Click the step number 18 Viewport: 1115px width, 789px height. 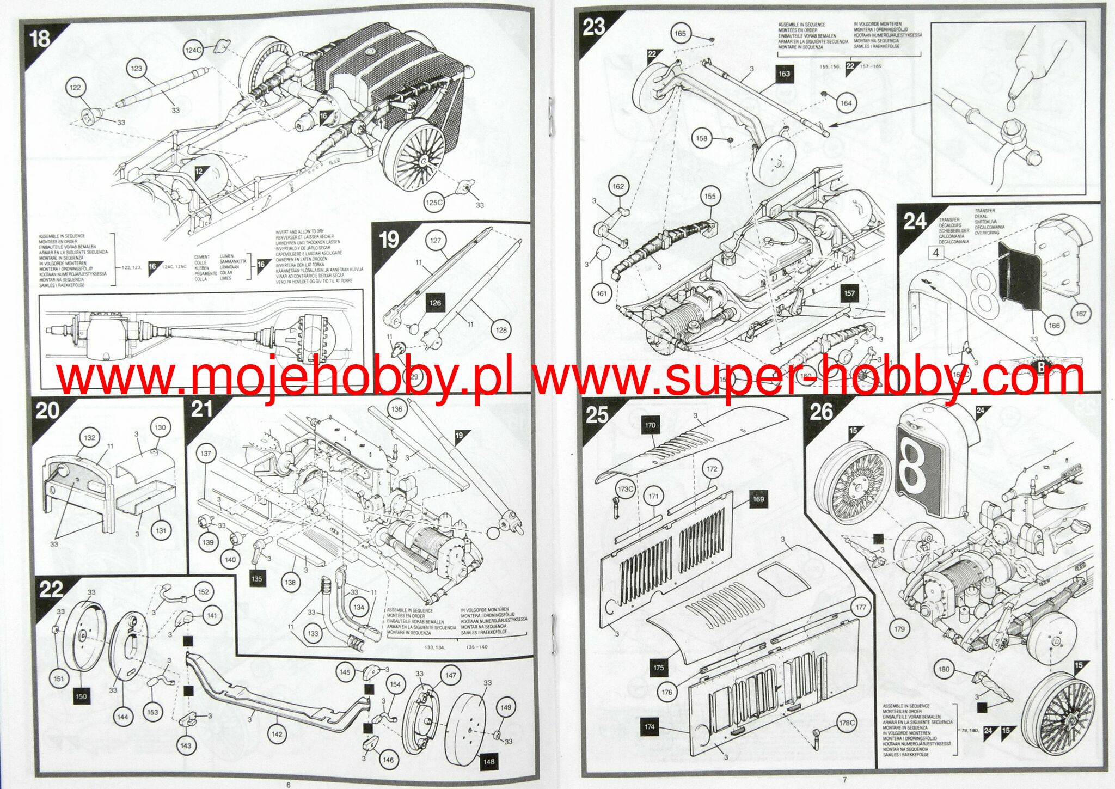(x=40, y=39)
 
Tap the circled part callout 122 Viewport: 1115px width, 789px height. (x=75, y=87)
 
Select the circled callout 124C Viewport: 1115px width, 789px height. (x=193, y=50)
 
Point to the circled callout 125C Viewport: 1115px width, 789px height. (x=434, y=203)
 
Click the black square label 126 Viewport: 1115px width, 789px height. (x=435, y=303)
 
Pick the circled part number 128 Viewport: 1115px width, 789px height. (x=501, y=329)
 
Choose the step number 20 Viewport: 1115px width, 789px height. (x=47, y=409)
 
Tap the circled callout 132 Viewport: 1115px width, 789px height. (x=90, y=437)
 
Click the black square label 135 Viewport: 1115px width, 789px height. (x=256, y=579)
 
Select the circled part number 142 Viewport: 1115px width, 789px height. (x=277, y=734)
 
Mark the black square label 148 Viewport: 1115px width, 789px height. (x=488, y=761)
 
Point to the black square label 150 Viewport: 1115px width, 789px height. (x=81, y=696)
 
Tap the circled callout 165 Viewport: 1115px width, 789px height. (x=680, y=33)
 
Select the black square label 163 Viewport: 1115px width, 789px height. (x=783, y=74)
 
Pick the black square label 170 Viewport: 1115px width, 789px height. (x=650, y=425)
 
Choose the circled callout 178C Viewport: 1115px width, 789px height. (x=846, y=723)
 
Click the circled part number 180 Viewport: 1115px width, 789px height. (x=944, y=669)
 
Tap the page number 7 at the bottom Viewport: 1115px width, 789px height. (x=844, y=780)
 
